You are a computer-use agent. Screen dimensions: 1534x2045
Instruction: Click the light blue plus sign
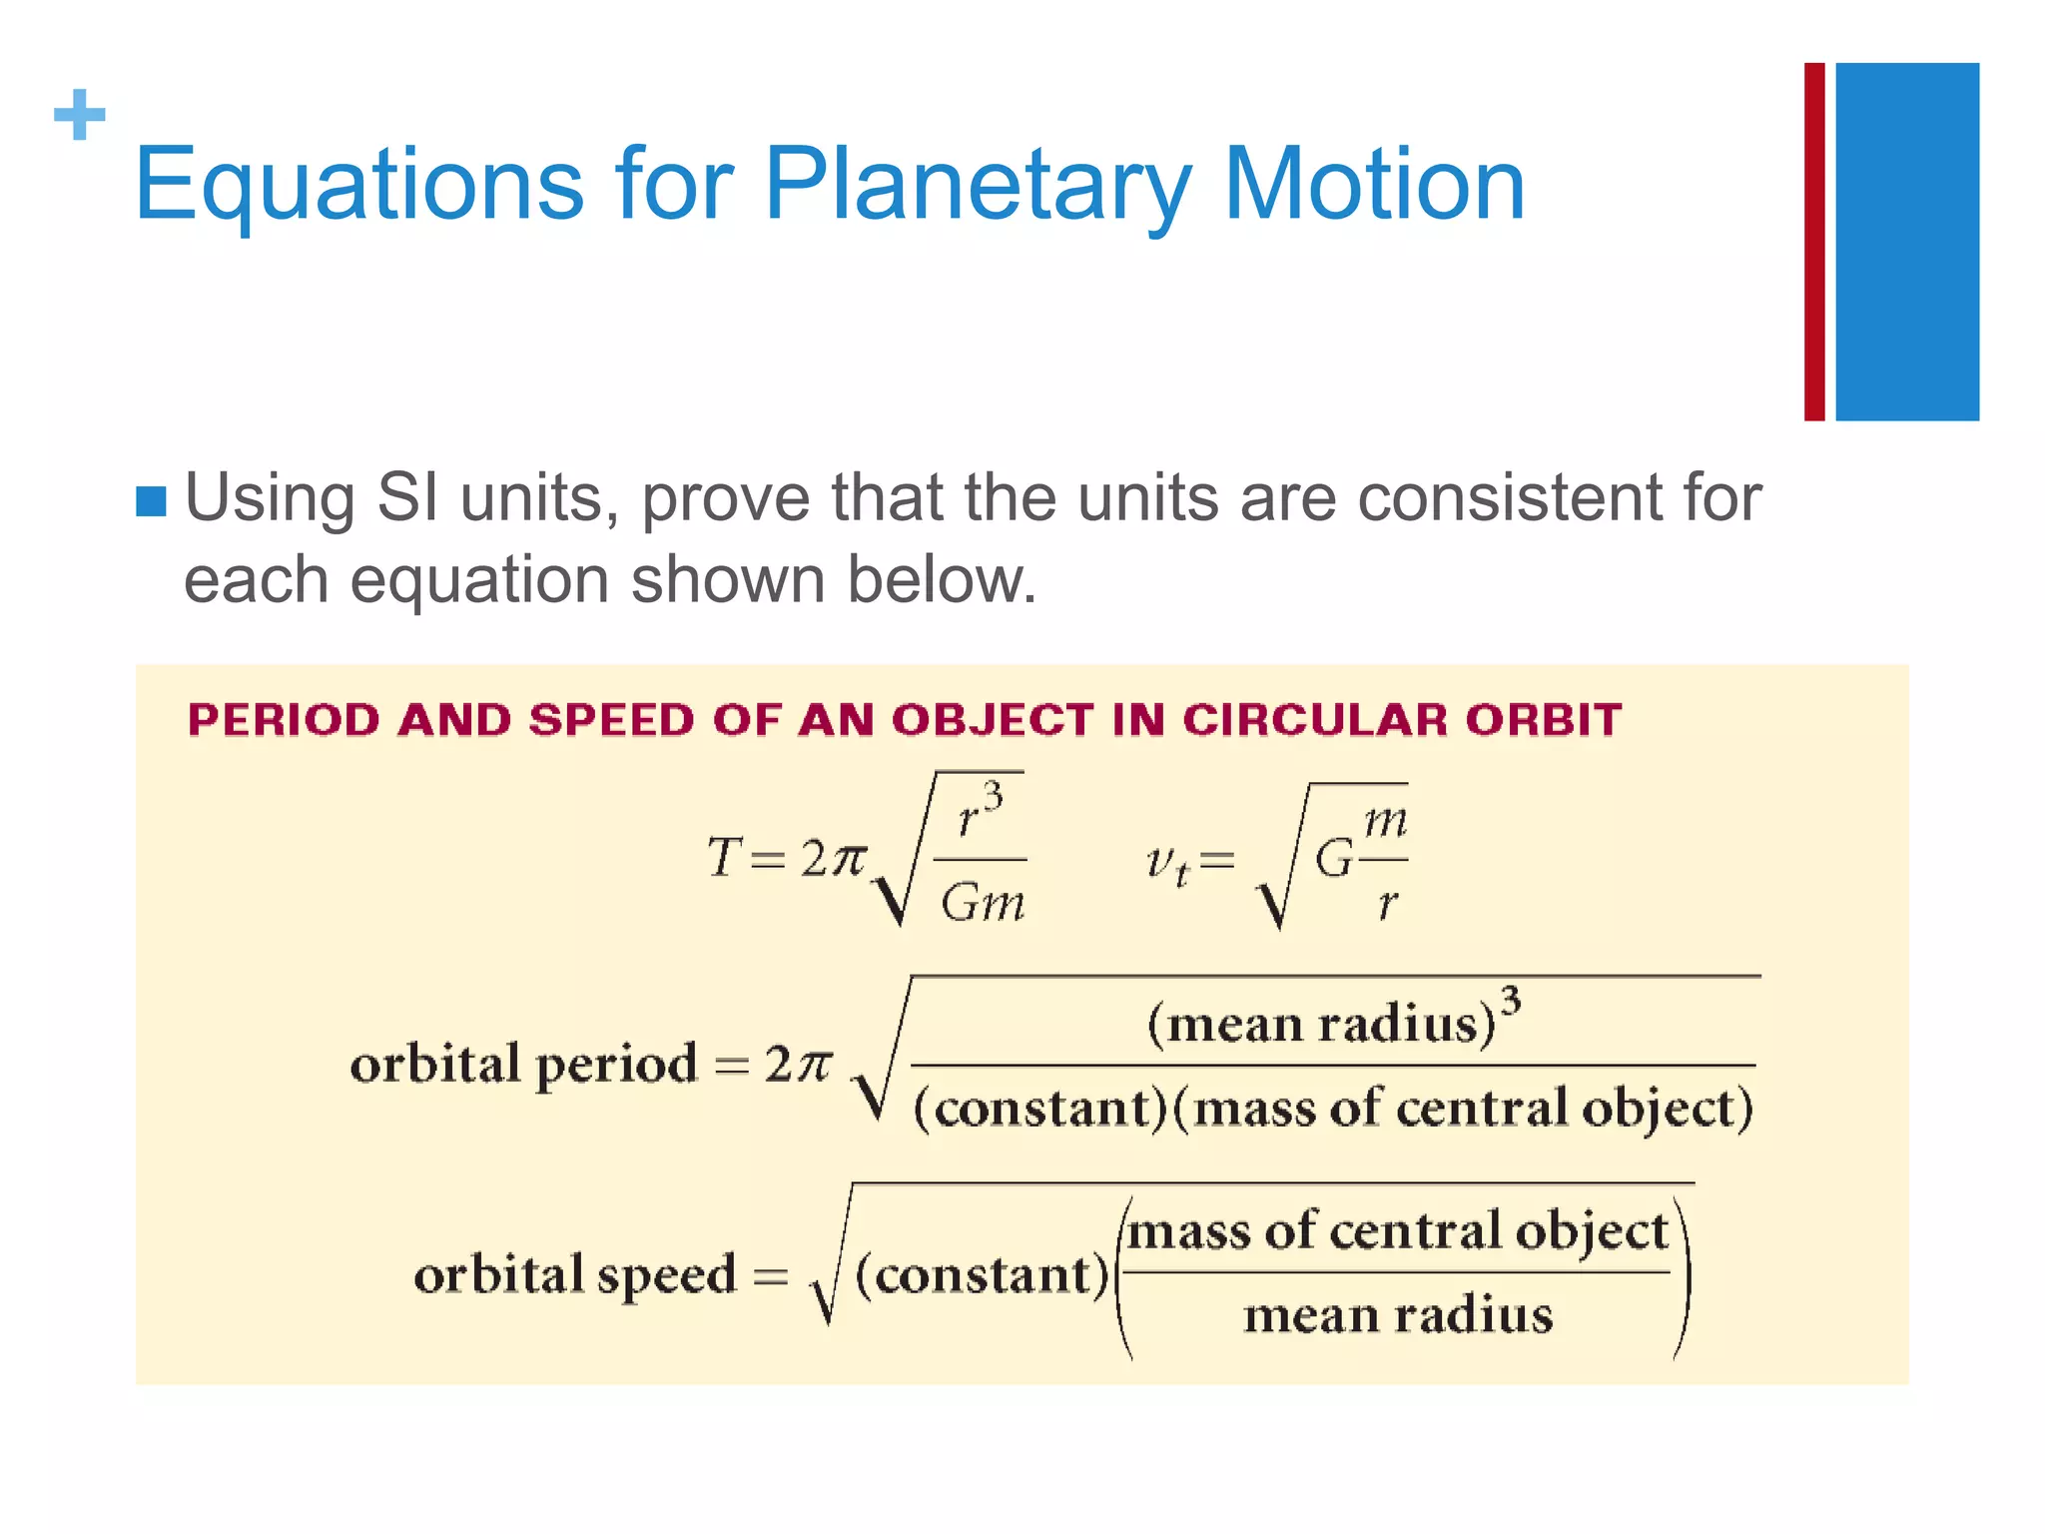point(79,115)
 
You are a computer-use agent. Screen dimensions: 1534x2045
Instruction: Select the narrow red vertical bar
point(1813,242)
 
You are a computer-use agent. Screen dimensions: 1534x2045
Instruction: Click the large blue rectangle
point(1906,242)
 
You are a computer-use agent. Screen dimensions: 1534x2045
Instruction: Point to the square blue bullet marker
point(151,501)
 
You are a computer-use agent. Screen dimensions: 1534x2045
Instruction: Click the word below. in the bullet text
point(941,580)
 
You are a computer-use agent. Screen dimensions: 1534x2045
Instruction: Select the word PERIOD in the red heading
point(284,720)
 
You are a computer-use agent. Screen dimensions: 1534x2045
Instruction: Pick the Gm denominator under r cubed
point(982,904)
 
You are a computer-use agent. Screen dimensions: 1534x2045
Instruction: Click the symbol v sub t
point(1167,863)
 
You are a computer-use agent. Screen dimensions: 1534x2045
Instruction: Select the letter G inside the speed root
point(1333,859)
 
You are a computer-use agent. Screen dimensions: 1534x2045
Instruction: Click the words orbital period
point(522,1064)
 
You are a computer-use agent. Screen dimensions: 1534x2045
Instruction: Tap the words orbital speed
point(574,1275)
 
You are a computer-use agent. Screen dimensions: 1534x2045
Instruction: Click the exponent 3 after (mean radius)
point(1511,999)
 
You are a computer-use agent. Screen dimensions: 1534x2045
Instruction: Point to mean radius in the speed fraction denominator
point(1397,1315)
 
